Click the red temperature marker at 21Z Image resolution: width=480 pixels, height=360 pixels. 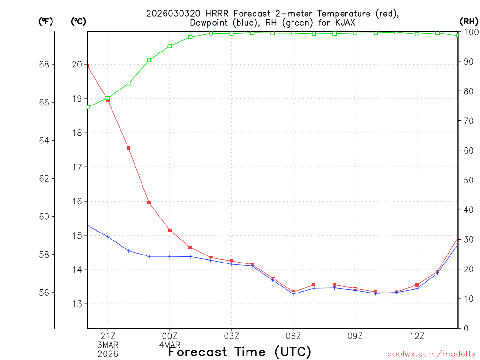(x=108, y=100)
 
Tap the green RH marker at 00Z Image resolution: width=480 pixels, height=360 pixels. (x=170, y=46)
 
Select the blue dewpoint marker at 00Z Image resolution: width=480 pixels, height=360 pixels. (x=170, y=256)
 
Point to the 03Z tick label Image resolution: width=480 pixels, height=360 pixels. (x=232, y=336)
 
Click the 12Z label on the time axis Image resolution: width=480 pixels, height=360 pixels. (x=417, y=336)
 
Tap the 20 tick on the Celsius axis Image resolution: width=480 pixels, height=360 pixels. (x=77, y=64)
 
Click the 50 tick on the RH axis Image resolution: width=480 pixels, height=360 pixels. (x=468, y=180)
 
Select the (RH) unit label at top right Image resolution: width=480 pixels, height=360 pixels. (x=469, y=21)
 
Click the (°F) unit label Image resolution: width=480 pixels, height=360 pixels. (x=45, y=21)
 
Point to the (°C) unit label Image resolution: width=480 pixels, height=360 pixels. (x=78, y=21)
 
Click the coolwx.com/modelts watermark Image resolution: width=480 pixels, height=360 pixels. (x=431, y=354)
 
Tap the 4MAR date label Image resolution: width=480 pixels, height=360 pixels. (x=170, y=345)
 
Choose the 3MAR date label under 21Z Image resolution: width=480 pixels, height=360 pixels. (x=108, y=345)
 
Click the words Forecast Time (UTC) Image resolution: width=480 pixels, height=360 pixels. (x=240, y=352)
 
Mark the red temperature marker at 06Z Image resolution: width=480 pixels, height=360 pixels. (x=293, y=292)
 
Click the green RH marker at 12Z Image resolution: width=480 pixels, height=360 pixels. (x=417, y=34)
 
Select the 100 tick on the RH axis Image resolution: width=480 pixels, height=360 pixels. (x=470, y=32)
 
